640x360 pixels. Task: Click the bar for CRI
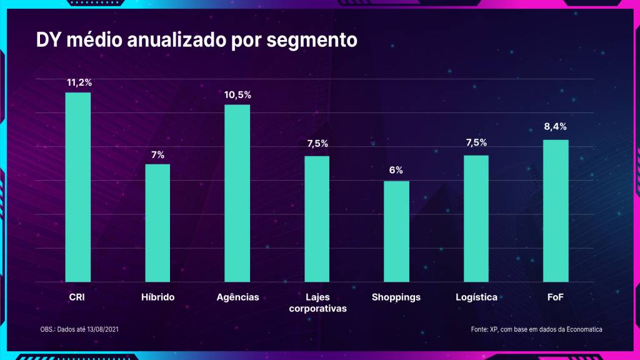pyautogui.click(x=78, y=187)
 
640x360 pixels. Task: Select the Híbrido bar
pyautogui.click(x=157, y=222)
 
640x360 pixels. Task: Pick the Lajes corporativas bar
pyautogui.click(x=317, y=219)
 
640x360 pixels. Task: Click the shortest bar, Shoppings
pyautogui.click(x=396, y=231)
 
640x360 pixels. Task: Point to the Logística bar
pyautogui.click(x=476, y=218)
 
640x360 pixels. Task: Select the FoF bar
pyautogui.click(x=556, y=211)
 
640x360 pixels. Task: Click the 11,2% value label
pyautogui.click(x=78, y=82)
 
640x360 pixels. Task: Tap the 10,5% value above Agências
pyautogui.click(x=237, y=95)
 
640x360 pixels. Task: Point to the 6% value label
pyautogui.click(x=396, y=170)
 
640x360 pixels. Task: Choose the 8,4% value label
pyautogui.click(x=556, y=127)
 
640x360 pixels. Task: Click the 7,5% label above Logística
pyautogui.click(x=476, y=142)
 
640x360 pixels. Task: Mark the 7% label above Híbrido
pyautogui.click(x=157, y=154)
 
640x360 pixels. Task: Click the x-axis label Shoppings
pyautogui.click(x=396, y=297)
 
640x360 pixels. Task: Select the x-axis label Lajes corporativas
pyautogui.click(x=317, y=303)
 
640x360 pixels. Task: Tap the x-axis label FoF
pyautogui.click(x=555, y=297)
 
